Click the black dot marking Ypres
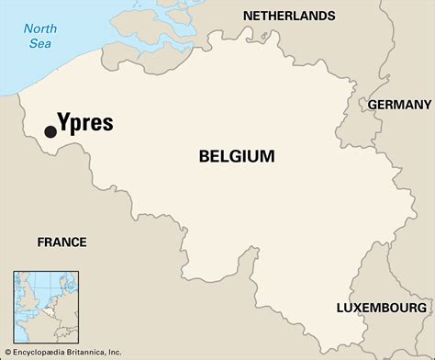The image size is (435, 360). [50, 132]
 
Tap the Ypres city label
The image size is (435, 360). [85, 123]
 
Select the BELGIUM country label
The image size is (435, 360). [236, 157]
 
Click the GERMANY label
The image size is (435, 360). [399, 105]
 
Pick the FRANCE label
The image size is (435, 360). [61, 242]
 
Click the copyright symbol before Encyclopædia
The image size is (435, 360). [6, 352]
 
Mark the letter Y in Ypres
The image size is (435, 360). [64, 122]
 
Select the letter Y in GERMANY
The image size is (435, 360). [427, 105]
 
